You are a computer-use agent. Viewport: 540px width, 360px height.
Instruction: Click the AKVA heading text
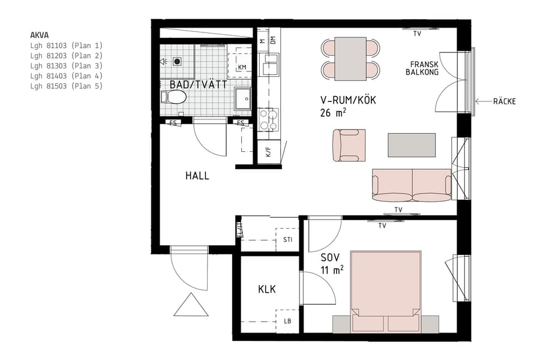[x=40, y=35]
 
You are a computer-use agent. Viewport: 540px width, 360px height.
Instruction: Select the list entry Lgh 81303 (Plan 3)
[x=67, y=65]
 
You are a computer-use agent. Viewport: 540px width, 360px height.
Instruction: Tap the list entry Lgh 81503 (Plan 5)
[x=67, y=86]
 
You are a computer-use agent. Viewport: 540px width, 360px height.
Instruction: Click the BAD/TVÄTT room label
[x=198, y=85]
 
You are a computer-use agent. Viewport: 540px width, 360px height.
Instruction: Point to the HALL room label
[x=197, y=176]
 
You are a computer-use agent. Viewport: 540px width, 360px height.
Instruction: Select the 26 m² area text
[x=334, y=112]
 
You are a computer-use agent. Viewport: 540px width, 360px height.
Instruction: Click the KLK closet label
[x=267, y=289]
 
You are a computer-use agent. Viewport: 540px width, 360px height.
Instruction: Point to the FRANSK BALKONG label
[x=424, y=68]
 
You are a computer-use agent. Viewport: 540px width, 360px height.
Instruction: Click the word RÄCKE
[x=505, y=101]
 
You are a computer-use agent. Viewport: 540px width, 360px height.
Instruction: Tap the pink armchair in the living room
[x=349, y=145]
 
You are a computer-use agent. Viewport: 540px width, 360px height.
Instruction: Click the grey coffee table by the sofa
[x=412, y=145]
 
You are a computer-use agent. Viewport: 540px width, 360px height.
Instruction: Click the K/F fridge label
[x=268, y=152]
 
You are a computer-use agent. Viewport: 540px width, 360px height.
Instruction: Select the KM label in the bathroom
[x=242, y=67]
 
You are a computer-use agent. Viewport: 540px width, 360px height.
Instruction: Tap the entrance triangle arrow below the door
[x=191, y=305]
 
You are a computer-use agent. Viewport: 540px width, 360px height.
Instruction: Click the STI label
[x=287, y=239]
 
